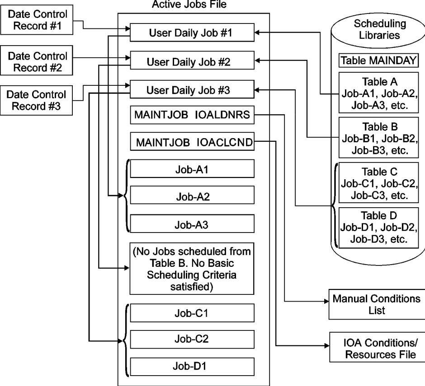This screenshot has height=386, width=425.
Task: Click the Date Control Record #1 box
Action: point(37,20)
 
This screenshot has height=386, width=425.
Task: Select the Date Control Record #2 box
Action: point(37,60)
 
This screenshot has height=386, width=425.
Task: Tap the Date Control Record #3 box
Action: point(36,100)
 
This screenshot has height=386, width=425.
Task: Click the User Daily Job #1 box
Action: point(192,33)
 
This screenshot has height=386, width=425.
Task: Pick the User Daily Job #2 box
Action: point(192,60)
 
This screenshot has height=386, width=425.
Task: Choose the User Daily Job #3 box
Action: point(192,89)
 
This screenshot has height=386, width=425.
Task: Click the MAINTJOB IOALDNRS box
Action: point(192,115)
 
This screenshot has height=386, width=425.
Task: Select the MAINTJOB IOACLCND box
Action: point(192,141)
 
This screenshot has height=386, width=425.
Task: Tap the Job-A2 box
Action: point(192,195)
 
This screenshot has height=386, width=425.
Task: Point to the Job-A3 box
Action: point(192,223)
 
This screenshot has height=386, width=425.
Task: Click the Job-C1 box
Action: point(192,313)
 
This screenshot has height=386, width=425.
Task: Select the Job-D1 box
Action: point(192,367)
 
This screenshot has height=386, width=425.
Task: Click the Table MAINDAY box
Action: point(378,60)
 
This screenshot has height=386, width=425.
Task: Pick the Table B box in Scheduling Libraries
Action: point(378,138)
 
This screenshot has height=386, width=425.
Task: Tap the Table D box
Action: point(378,228)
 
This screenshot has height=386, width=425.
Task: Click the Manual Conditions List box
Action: point(377,304)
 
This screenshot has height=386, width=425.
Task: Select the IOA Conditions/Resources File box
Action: point(377,347)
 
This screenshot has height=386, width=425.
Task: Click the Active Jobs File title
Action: point(189,5)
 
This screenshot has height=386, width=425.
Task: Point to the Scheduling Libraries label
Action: point(379,29)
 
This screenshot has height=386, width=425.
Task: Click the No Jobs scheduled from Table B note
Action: point(192,269)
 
